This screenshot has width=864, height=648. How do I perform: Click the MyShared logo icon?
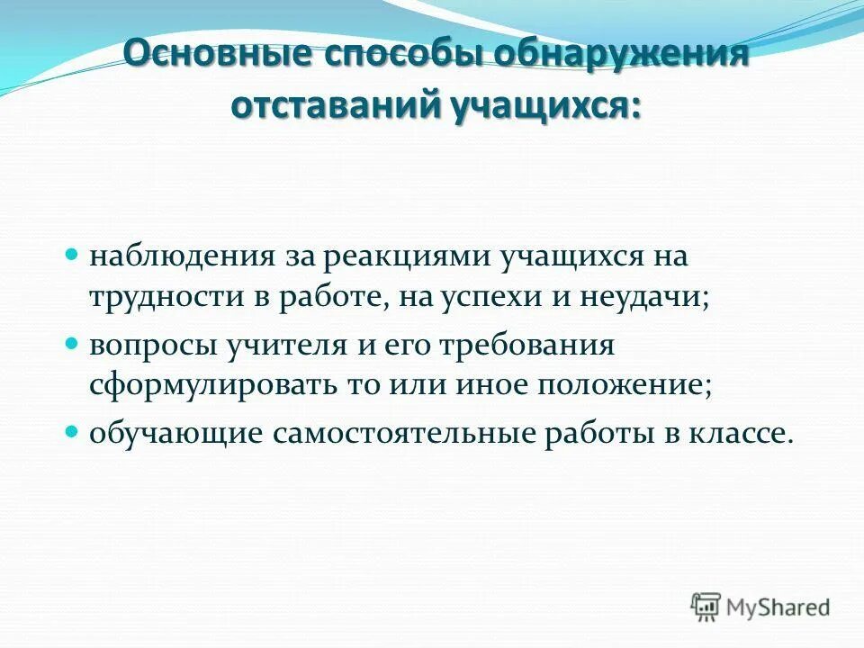tap(706, 607)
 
